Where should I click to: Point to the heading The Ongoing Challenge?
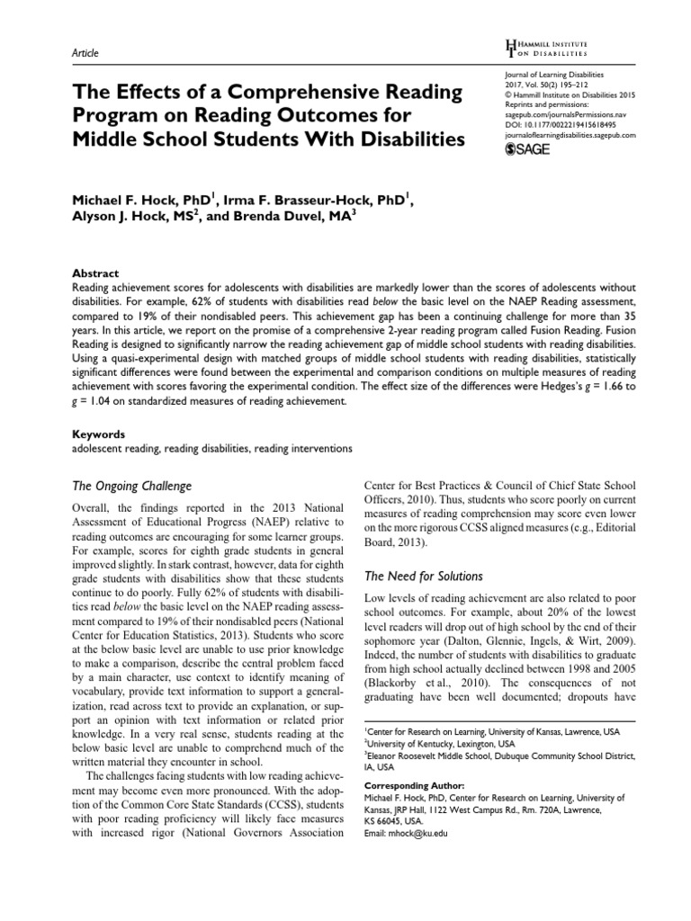(130, 486)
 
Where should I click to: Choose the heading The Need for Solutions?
(422, 576)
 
